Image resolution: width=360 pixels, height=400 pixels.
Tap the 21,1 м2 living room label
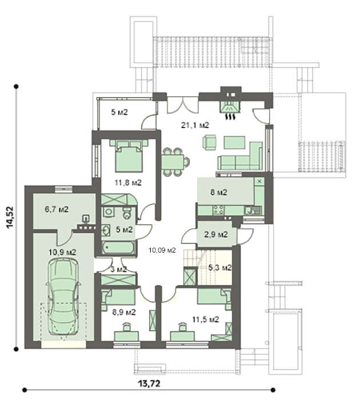195,125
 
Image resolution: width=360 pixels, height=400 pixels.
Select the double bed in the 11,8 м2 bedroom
129,155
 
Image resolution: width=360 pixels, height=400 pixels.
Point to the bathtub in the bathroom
118,247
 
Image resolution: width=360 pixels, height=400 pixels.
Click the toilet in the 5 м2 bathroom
127,213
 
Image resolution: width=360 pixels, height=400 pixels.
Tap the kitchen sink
253,210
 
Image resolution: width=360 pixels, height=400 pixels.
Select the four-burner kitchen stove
218,210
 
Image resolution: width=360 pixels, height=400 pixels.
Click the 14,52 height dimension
11,217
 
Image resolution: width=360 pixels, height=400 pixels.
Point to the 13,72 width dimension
149,383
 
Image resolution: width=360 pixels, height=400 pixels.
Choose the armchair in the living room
210,142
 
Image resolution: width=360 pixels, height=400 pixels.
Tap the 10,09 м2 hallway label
162,250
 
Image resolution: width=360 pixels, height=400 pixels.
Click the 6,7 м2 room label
57,210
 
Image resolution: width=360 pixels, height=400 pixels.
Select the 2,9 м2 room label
216,234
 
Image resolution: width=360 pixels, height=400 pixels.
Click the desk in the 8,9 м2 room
126,336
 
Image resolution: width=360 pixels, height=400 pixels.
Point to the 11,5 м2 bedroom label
205,319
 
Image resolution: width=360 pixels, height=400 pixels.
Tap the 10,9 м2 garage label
62,253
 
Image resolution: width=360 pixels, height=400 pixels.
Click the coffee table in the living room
234,142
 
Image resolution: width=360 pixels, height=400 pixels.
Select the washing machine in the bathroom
109,212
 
